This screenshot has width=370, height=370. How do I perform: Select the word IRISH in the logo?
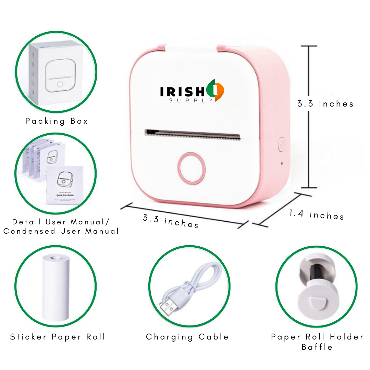click(182, 91)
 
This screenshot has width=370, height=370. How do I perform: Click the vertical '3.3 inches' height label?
click(325, 104)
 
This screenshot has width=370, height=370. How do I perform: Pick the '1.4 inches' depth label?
click(316, 215)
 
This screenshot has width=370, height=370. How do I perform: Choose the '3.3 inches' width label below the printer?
click(170, 221)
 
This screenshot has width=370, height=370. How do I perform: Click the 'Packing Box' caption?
click(57, 121)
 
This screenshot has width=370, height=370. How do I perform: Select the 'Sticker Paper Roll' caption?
click(58, 337)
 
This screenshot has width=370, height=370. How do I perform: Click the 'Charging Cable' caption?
click(187, 337)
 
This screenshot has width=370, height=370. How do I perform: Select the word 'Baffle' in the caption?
click(317, 347)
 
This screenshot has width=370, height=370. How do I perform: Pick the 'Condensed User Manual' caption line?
click(61, 231)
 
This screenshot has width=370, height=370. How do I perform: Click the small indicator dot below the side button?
click(282, 163)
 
